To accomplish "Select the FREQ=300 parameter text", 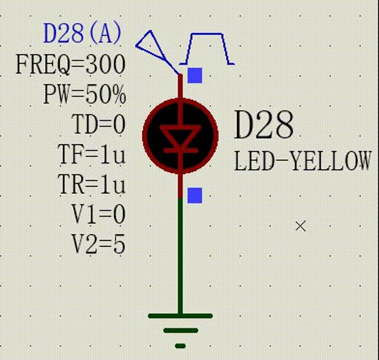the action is [x=70, y=65].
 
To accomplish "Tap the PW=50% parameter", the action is [x=85, y=94].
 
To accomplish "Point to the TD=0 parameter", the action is [x=98, y=124].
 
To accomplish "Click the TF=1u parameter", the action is [x=92, y=154].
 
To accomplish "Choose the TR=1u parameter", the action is [x=92, y=184].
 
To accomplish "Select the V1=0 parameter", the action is [x=98, y=214].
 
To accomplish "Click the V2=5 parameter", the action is [x=98, y=244].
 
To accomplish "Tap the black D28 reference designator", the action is [x=264, y=125].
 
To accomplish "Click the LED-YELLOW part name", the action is [x=303, y=160].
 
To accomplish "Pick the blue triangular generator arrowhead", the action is [x=151, y=46].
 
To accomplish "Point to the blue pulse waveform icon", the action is [x=207, y=49].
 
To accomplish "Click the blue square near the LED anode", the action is [x=195, y=75].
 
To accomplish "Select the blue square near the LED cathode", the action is [x=195, y=195].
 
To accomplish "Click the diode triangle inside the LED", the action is [x=181, y=136].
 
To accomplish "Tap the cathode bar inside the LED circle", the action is [x=181, y=150].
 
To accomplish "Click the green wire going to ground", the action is [x=180, y=256].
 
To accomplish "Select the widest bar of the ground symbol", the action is [x=180, y=316].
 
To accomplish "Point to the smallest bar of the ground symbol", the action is [x=180, y=346].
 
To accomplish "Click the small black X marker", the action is [x=301, y=226].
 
